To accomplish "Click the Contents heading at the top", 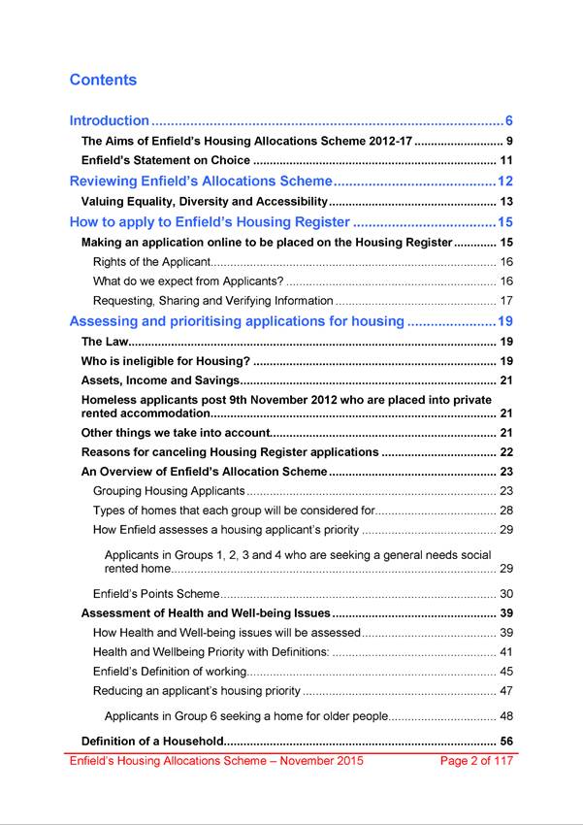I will click(x=103, y=80).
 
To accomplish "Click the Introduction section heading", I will click(x=110, y=121).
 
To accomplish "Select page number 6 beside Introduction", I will click(x=508, y=121).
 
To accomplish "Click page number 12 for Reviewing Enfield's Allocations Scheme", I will click(x=504, y=181).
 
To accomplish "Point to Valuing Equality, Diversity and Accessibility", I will click(x=204, y=202).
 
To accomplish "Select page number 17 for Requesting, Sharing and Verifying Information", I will click(x=505, y=301).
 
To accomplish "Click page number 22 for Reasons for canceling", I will click(x=505, y=452).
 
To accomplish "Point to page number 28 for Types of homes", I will click(x=505, y=511).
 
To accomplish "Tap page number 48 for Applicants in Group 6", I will click(x=505, y=716).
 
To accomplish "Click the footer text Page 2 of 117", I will click(x=476, y=761).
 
